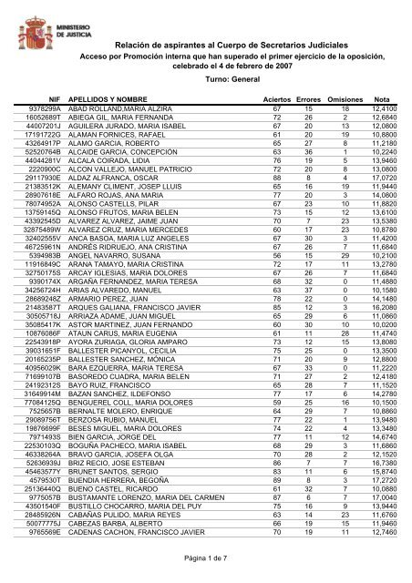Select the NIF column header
click(x=49, y=99)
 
